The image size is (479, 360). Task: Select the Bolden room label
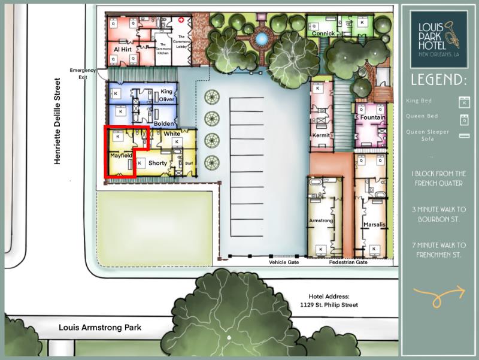[x=163, y=123]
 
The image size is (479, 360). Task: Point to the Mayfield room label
[x=120, y=156]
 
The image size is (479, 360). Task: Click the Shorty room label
[x=157, y=163]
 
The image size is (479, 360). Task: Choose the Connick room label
[x=323, y=34]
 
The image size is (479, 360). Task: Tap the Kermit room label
[x=322, y=135]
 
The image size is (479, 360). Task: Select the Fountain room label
[x=372, y=118]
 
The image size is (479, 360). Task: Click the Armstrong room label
[x=320, y=221]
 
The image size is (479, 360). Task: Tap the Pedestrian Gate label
[x=348, y=262]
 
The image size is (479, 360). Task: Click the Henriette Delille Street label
[x=58, y=122]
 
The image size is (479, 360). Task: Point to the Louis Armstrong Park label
[x=99, y=328]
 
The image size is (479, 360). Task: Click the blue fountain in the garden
[x=261, y=39]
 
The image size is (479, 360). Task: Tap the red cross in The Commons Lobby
[x=189, y=19]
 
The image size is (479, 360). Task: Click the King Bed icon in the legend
[x=462, y=101]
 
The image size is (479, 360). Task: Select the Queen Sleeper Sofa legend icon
[x=462, y=136]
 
